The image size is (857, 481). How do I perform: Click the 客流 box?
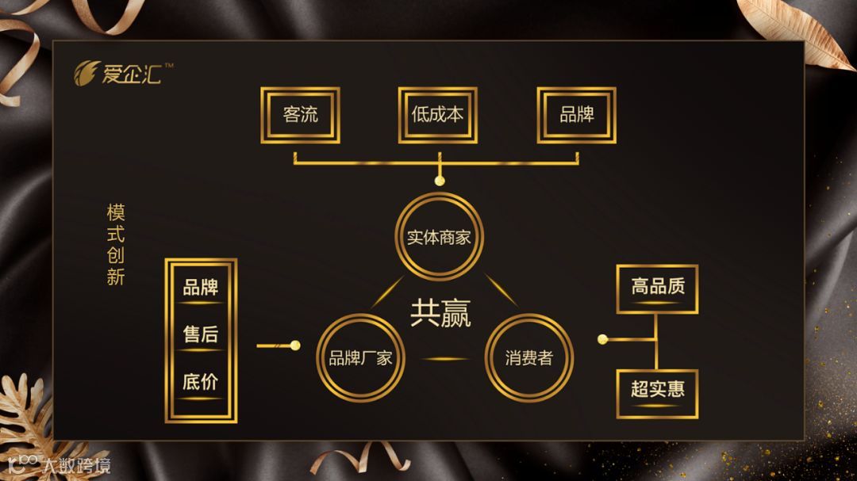(300, 115)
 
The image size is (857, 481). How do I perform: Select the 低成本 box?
(437, 115)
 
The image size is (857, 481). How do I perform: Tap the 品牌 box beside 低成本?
(576, 115)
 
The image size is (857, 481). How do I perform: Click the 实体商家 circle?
(440, 237)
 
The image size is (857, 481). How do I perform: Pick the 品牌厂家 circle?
(360, 357)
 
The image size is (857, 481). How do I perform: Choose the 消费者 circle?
(528, 357)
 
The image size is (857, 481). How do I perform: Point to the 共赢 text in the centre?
(440, 312)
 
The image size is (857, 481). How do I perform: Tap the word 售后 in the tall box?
(201, 335)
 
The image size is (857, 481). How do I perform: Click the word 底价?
(201, 383)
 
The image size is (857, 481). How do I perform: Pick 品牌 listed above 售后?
(201, 288)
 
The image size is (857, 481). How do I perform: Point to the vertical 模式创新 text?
(116, 245)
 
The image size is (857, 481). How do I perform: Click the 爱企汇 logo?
(119, 74)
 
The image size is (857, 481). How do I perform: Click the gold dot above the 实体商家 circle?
(440, 181)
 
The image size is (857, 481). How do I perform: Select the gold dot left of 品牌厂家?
(296, 345)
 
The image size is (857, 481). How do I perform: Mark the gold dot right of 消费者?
(602, 339)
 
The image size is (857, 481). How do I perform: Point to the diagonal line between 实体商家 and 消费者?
(502, 292)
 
